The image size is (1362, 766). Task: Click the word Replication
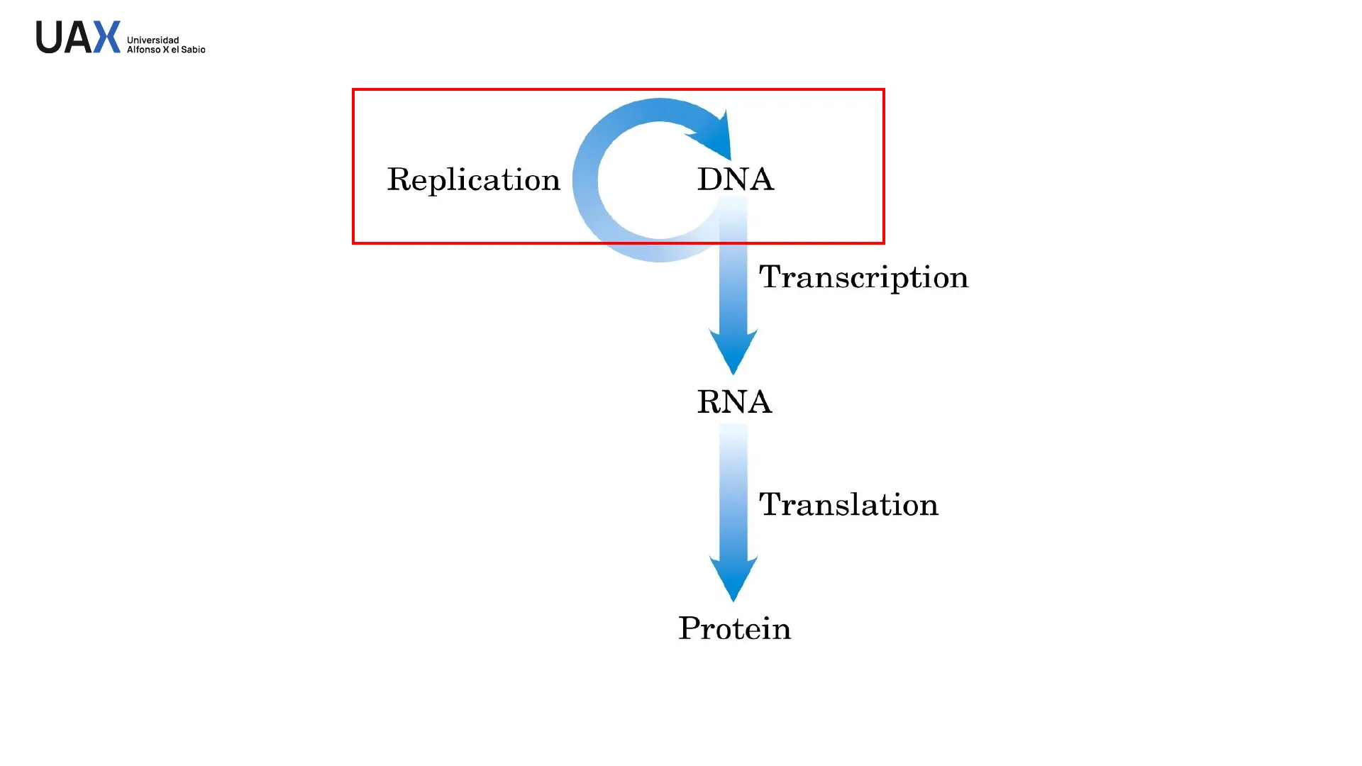click(473, 179)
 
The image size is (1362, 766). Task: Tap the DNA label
click(735, 179)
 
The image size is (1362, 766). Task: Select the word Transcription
click(863, 277)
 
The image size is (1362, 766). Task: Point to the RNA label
click(734, 402)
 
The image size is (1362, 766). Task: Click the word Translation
click(848, 504)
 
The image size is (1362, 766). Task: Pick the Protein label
click(734, 628)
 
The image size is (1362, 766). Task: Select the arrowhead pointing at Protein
click(733, 577)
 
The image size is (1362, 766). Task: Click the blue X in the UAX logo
click(107, 37)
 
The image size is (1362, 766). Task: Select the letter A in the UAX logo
click(77, 37)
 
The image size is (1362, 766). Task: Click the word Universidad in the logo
click(153, 40)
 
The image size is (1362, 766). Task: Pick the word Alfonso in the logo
click(143, 50)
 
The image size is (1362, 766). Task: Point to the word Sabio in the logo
click(193, 50)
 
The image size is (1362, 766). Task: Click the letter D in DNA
click(709, 179)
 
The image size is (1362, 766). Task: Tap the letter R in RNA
click(709, 402)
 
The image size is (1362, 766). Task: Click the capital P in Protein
click(690, 628)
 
